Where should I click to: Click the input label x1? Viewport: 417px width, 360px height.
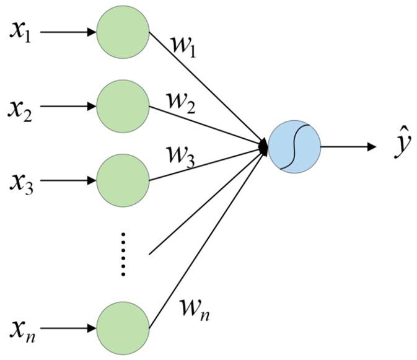tap(20, 32)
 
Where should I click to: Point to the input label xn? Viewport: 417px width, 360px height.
tap(20, 328)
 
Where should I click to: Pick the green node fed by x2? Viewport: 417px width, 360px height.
tap(123, 105)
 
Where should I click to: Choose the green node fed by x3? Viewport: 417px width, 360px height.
tap(123, 180)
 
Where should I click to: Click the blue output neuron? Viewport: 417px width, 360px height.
tap(294, 147)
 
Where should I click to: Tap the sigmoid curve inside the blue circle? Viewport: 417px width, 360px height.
tap(294, 147)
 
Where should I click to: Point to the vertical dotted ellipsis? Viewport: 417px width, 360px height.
tap(123, 254)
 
